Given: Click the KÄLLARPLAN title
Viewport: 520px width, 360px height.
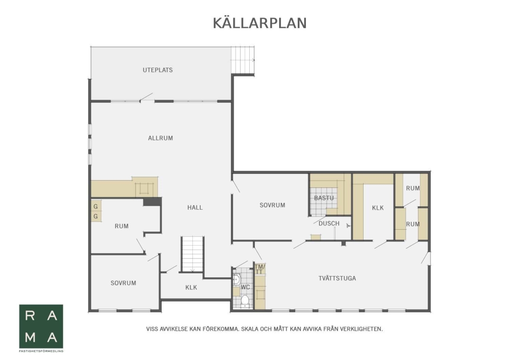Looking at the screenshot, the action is tap(260, 23).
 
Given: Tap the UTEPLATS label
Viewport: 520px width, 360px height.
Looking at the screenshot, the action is tap(158, 70).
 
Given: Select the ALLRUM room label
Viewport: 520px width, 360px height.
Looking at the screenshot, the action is tap(160, 138).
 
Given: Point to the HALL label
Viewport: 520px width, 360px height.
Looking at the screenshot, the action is tap(195, 208).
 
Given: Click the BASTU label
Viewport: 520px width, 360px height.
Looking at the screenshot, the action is tap(324, 198).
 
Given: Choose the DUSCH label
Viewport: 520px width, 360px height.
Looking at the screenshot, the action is tap(329, 224).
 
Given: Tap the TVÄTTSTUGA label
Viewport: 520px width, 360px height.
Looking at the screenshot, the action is tap(337, 278).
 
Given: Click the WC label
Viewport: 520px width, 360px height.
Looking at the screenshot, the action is tap(245, 287).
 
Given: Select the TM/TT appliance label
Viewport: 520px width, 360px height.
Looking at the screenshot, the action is tap(260, 269).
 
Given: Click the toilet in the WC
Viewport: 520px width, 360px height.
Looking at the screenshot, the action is tap(245, 301).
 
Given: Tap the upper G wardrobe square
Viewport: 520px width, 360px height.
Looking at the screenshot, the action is tap(96, 206).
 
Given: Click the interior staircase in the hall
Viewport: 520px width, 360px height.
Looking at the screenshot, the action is tap(192, 254).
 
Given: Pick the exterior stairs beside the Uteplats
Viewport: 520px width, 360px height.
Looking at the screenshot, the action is tap(242, 60).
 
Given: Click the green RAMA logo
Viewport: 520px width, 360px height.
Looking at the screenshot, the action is tap(41, 327).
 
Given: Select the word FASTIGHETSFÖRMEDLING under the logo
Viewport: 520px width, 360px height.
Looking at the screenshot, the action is tap(41, 351).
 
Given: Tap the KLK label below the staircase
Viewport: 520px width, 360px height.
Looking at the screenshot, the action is tap(191, 288).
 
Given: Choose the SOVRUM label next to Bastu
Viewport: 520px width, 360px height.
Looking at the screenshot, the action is tap(272, 205).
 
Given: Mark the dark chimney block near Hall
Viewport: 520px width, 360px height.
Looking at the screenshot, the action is tap(152, 201).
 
